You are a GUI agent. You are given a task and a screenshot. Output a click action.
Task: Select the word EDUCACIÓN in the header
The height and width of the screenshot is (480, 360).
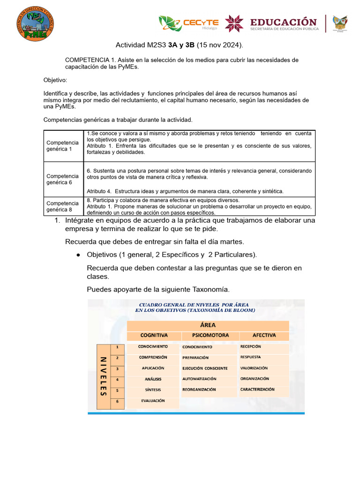(283, 22)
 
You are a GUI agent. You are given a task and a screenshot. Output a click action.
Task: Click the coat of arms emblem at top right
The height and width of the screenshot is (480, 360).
(340, 23)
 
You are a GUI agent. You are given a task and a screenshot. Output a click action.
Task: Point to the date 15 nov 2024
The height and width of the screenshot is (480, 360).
(219, 45)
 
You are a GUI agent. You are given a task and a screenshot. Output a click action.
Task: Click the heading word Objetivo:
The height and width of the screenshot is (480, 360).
(55, 80)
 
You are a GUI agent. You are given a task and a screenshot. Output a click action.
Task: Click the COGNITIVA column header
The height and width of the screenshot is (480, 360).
(154, 335)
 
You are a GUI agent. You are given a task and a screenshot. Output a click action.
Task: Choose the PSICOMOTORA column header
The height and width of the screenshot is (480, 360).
(210, 335)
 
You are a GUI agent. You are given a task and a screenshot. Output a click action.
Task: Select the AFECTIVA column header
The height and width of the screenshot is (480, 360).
(264, 335)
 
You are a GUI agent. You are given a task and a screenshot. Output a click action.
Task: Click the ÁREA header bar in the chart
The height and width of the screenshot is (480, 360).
(208, 325)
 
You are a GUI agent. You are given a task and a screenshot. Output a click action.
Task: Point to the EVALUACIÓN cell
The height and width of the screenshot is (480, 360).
(153, 401)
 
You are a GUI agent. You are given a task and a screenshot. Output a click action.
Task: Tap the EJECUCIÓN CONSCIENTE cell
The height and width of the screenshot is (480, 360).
(205, 368)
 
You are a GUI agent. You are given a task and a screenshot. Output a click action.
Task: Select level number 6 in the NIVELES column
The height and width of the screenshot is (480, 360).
(117, 401)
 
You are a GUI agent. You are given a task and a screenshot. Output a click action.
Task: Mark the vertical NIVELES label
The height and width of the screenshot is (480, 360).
(103, 376)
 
